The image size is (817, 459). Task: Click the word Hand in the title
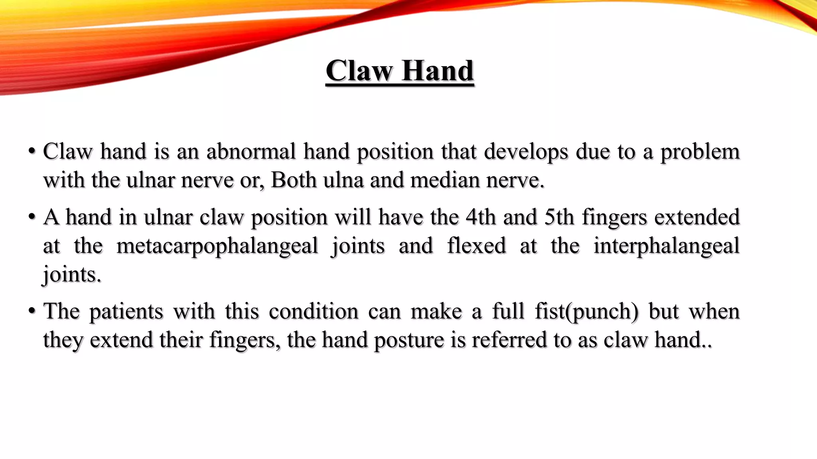[438, 71]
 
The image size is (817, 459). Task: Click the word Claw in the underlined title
[359, 71]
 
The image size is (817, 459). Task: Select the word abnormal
[251, 151]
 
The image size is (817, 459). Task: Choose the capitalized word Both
[294, 180]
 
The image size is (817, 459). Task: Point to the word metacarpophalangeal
[217, 246]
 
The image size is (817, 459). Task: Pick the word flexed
[476, 245]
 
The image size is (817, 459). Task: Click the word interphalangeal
[666, 246]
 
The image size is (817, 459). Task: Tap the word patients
[126, 312]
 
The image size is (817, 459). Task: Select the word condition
[314, 311]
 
